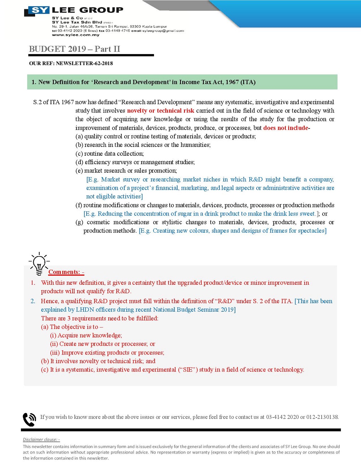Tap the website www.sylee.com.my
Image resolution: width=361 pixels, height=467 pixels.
point(76,35)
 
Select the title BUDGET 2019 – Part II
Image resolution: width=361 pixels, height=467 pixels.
point(75,49)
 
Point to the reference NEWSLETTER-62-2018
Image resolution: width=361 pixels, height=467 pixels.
point(84,63)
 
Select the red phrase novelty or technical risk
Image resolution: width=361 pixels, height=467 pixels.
point(161,111)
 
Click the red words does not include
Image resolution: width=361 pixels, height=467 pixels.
point(286,128)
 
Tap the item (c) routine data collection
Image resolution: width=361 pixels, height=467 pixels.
point(110,154)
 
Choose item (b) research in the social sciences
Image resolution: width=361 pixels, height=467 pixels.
point(143,145)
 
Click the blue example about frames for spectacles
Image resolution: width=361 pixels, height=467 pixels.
point(233,231)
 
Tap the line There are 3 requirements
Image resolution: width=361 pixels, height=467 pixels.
point(99,318)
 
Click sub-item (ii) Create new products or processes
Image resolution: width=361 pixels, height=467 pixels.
point(103,344)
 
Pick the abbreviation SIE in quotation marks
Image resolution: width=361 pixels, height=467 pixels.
point(188,370)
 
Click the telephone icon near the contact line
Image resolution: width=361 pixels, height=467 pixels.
point(29,419)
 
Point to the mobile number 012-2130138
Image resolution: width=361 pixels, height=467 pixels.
point(322,417)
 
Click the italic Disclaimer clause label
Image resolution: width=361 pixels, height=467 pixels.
point(41,439)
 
